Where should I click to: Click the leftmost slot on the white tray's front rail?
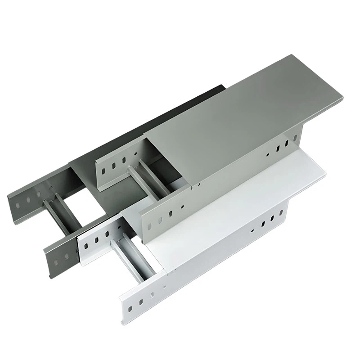click(130, 309)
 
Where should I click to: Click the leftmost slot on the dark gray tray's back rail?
click(18, 205)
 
